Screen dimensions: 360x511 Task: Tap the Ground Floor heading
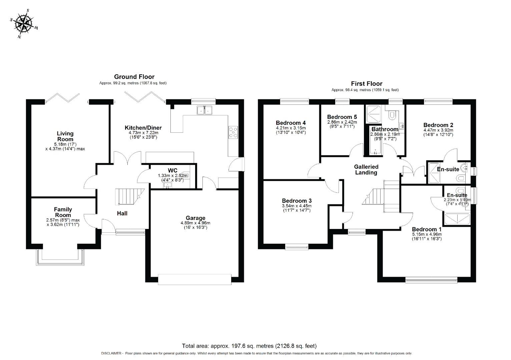click(x=134, y=77)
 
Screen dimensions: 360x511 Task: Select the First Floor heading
click(x=367, y=84)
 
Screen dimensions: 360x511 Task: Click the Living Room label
click(x=65, y=136)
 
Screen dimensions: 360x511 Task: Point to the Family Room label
click(x=63, y=212)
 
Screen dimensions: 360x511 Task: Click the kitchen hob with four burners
click(x=233, y=132)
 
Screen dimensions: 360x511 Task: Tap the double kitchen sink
click(x=205, y=110)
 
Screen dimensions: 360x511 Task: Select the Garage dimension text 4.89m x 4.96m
click(x=195, y=223)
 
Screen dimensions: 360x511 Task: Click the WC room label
click(x=172, y=170)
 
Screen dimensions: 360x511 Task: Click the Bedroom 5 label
click(x=342, y=117)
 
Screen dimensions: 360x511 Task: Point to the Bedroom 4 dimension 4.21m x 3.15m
click(x=291, y=128)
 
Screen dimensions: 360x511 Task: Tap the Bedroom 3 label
click(x=297, y=201)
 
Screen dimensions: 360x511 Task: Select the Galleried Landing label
click(x=366, y=169)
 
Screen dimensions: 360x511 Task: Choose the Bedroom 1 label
click(x=427, y=229)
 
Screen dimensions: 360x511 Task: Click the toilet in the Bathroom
click(x=392, y=115)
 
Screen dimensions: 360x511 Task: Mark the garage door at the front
click(x=195, y=279)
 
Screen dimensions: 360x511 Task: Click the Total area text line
click(x=249, y=346)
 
